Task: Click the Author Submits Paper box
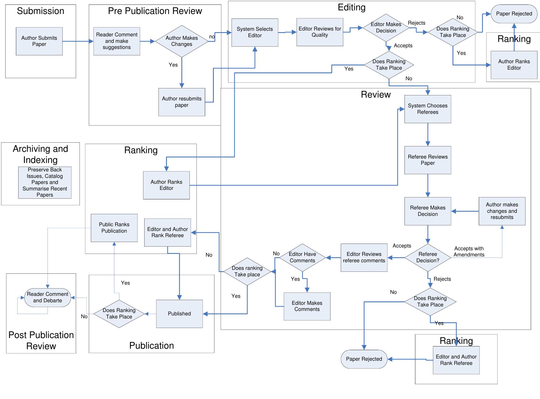click(39, 41)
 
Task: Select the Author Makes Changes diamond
click(182, 41)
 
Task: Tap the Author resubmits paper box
click(182, 102)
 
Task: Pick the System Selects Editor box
click(255, 32)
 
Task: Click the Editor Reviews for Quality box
click(320, 32)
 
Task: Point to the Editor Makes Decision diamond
click(386, 28)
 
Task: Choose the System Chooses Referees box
click(428, 109)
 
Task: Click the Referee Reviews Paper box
click(428, 160)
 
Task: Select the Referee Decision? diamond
click(428, 257)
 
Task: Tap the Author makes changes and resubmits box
click(502, 211)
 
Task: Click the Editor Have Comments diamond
click(302, 257)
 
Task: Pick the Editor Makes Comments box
click(307, 306)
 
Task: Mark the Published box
click(179, 314)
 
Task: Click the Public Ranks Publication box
click(114, 228)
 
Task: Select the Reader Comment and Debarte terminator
click(48, 298)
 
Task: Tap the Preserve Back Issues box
click(45, 183)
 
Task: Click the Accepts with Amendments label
click(469, 252)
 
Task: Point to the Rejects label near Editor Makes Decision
click(416, 23)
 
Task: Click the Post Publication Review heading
click(41, 341)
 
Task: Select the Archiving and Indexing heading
click(40, 154)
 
